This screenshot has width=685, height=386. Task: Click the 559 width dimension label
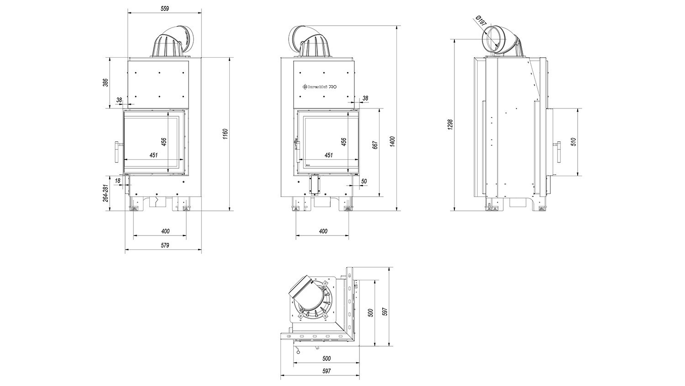tap(164, 9)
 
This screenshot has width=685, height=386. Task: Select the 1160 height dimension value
tap(226, 134)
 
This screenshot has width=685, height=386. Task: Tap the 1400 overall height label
tap(393, 141)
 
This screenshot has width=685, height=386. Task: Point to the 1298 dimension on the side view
tap(449, 125)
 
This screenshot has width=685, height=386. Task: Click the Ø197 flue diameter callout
tap(481, 21)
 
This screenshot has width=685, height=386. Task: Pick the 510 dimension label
tap(574, 141)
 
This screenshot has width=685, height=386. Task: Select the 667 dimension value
tap(375, 145)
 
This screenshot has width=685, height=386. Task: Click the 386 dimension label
tap(105, 83)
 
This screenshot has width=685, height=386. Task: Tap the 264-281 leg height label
tap(105, 193)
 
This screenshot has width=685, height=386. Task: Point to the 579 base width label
tap(165, 245)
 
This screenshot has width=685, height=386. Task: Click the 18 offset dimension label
tap(118, 181)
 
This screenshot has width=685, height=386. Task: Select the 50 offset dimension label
tap(364, 182)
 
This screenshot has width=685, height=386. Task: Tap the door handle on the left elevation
tap(118, 152)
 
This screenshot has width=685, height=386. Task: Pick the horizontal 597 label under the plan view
tap(327, 371)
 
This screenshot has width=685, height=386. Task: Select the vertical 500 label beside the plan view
tap(371, 313)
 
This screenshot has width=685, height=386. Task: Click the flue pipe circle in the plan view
tap(312, 301)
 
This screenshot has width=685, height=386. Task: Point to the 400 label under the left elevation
tap(165, 231)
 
